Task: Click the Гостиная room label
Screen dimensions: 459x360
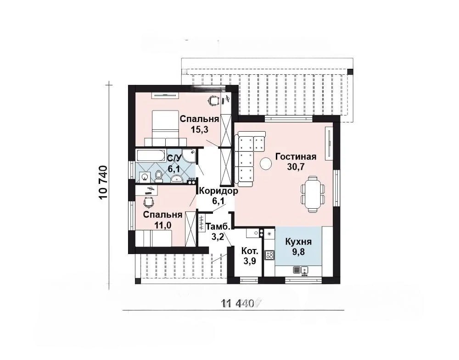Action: click(296, 157)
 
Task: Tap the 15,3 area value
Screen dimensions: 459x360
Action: click(199, 129)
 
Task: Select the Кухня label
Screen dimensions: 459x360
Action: click(298, 242)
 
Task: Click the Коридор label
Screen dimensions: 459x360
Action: click(218, 191)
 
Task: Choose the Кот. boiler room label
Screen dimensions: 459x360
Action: click(250, 251)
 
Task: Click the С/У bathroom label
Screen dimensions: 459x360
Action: click(174, 158)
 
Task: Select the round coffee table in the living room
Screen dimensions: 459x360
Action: click(266, 164)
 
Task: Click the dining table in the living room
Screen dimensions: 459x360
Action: click(313, 194)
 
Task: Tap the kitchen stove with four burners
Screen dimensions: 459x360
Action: click(269, 255)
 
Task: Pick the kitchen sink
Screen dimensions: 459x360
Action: click(304, 271)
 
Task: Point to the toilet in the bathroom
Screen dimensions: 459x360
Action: click(159, 177)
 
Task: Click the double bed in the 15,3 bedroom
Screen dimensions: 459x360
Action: click(165, 128)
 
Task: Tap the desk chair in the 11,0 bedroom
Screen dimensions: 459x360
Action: click(148, 201)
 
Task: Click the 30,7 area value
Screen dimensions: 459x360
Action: click(296, 166)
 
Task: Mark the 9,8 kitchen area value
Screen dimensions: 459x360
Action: click(298, 251)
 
